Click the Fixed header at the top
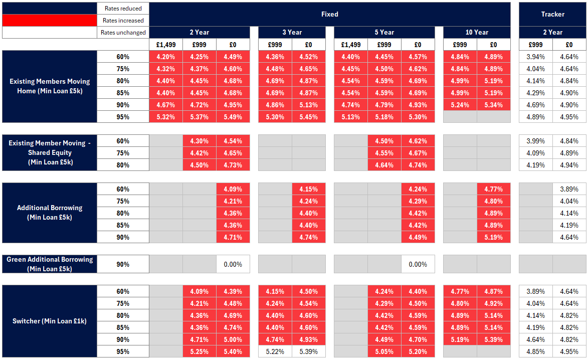point(329,14)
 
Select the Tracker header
point(552,14)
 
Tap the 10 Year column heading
point(476,32)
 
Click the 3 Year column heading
point(292,32)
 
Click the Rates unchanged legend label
point(123,33)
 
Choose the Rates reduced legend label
point(123,9)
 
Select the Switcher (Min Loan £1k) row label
point(49,321)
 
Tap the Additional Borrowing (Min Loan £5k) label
point(49,213)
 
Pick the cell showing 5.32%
point(165,117)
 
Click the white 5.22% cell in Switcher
point(275,351)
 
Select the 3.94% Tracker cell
point(535,57)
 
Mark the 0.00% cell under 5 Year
point(418,264)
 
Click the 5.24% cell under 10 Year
point(460,105)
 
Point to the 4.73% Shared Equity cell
point(233,165)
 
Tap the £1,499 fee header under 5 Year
point(350,45)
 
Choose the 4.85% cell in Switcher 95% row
point(535,351)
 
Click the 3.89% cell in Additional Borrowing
point(569,189)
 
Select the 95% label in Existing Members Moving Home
point(123,117)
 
